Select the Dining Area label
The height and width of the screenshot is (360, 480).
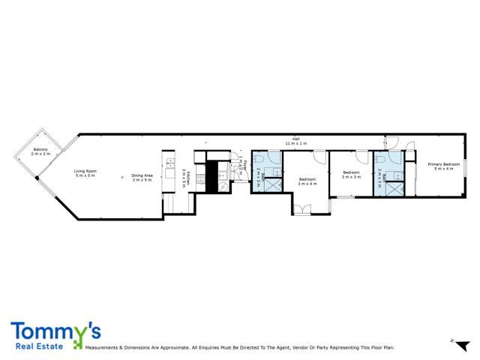click(x=142, y=177)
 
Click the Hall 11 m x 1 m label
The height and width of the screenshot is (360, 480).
click(x=297, y=140)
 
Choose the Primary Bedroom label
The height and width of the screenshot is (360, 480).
click(x=443, y=166)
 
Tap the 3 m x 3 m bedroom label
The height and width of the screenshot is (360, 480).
click(x=351, y=175)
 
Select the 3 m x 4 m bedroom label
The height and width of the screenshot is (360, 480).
click(x=307, y=181)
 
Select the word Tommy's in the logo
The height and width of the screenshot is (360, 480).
click(x=55, y=331)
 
